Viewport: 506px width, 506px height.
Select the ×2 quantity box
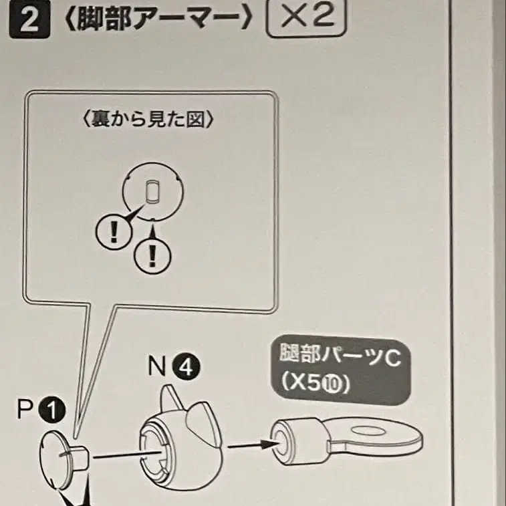click(x=306, y=18)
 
